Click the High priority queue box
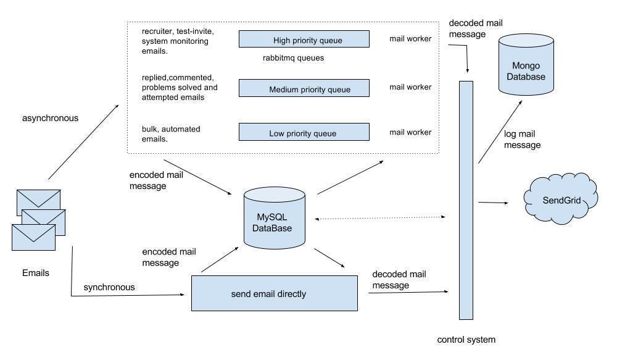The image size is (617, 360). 304,39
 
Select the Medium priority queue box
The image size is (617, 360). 304,88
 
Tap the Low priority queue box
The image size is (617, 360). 304,132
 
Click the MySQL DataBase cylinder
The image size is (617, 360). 275,218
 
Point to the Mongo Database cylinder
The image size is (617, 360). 526,65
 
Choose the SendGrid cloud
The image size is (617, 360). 561,199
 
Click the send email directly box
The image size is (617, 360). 275,293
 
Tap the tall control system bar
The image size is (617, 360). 466,200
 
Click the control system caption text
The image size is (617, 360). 466,340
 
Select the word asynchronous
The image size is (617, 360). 50,118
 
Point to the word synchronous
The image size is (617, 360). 109,287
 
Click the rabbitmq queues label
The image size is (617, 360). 293,58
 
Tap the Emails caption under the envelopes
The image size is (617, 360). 35,273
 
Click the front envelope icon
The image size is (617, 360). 33,237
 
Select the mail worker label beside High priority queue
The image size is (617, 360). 410,39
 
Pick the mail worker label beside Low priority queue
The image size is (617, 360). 410,132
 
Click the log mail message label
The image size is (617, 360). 522,140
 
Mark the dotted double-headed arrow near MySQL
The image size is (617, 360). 379,218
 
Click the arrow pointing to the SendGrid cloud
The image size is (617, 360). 493,203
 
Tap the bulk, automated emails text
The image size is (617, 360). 171,134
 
